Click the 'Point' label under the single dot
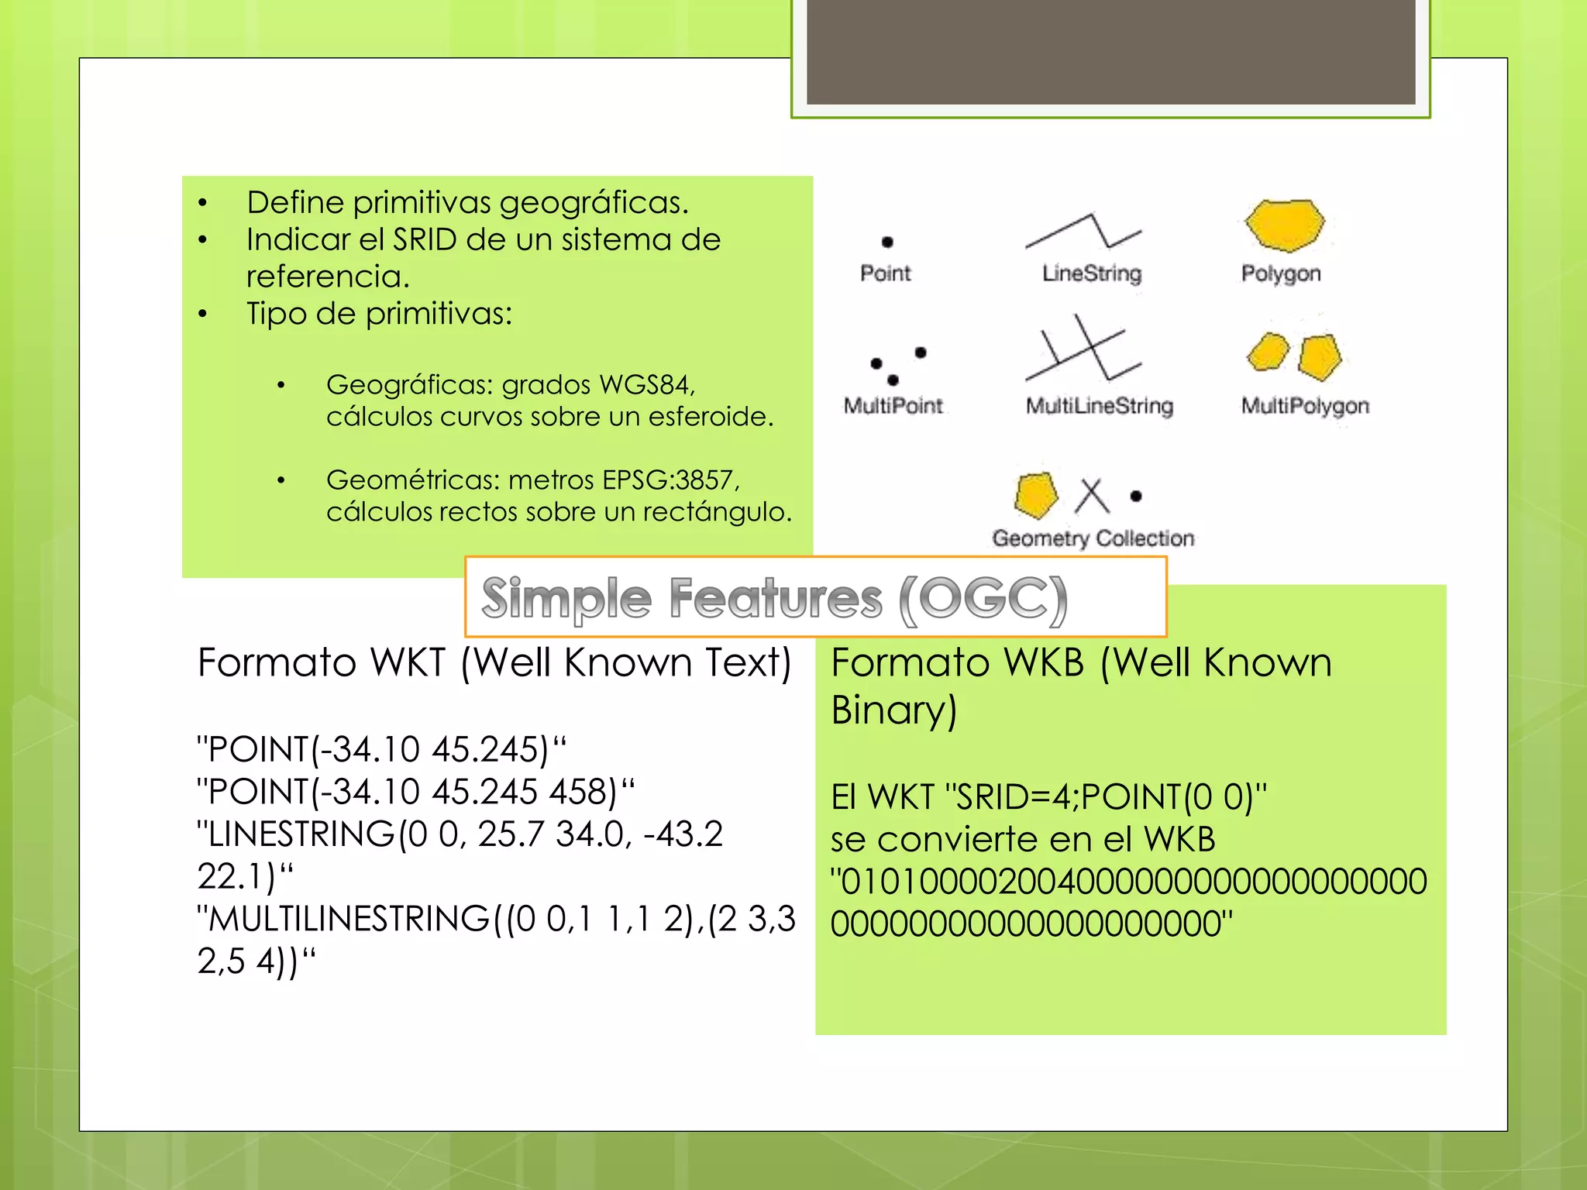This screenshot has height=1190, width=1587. tap(886, 273)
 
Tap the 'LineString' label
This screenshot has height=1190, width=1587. tap(1092, 273)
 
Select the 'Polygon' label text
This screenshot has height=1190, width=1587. tap(1281, 273)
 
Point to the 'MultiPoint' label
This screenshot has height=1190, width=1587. tap(893, 405)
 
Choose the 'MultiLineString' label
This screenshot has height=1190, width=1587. tap(1100, 406)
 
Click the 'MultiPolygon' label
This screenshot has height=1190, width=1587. tap(1305, 406)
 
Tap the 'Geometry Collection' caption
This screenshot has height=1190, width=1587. tap(1093, 538)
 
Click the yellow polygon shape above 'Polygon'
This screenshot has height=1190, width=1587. tap(1285, 225)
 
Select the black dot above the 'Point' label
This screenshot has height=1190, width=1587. tap(887, 242)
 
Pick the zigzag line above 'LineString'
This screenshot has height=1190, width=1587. tap(1083, 231)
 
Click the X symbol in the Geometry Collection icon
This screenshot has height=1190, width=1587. tap(1093, 496)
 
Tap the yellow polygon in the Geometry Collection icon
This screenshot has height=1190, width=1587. tap(1036, 495)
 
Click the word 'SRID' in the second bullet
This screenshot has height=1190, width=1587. tap(425, 239)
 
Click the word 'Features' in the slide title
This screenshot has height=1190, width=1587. tap(775, 599)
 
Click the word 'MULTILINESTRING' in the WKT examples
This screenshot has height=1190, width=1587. tap(349, 919)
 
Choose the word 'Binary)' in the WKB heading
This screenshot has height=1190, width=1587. tap(894, 710)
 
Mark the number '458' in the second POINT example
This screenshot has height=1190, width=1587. tap(574, 792)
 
